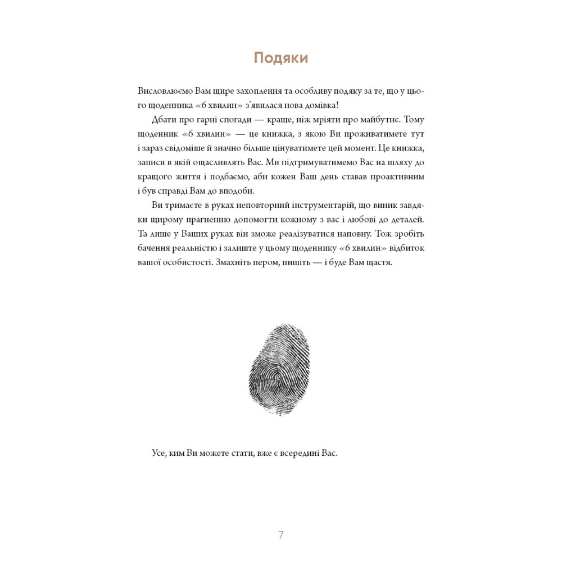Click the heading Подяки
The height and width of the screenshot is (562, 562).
pyautogui.click(x=280, y=58)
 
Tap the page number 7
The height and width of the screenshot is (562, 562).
pyautogui.click(x=281, y=534)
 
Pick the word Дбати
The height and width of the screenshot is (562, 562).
pyautogui.click(x=164, y=120)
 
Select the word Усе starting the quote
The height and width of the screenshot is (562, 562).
pyautogui.click(x=159, y=453)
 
